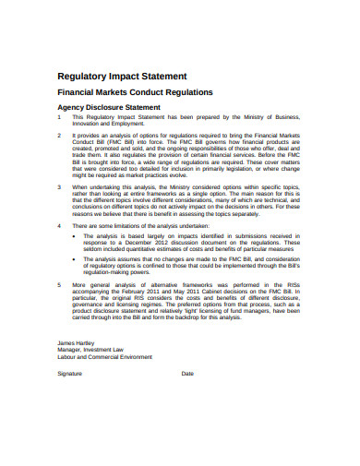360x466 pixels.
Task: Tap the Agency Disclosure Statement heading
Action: click(x=110, y=108)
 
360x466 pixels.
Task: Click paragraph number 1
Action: click(x=59, y=117)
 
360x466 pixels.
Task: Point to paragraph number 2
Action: click(x=59, y=134)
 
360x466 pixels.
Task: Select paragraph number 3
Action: click(x=59, y=186)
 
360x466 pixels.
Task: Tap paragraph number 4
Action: click(x=59, y=224)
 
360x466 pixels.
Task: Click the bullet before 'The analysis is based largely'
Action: click(x=74, y=235)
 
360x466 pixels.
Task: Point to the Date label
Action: click(x=187, y=373)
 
